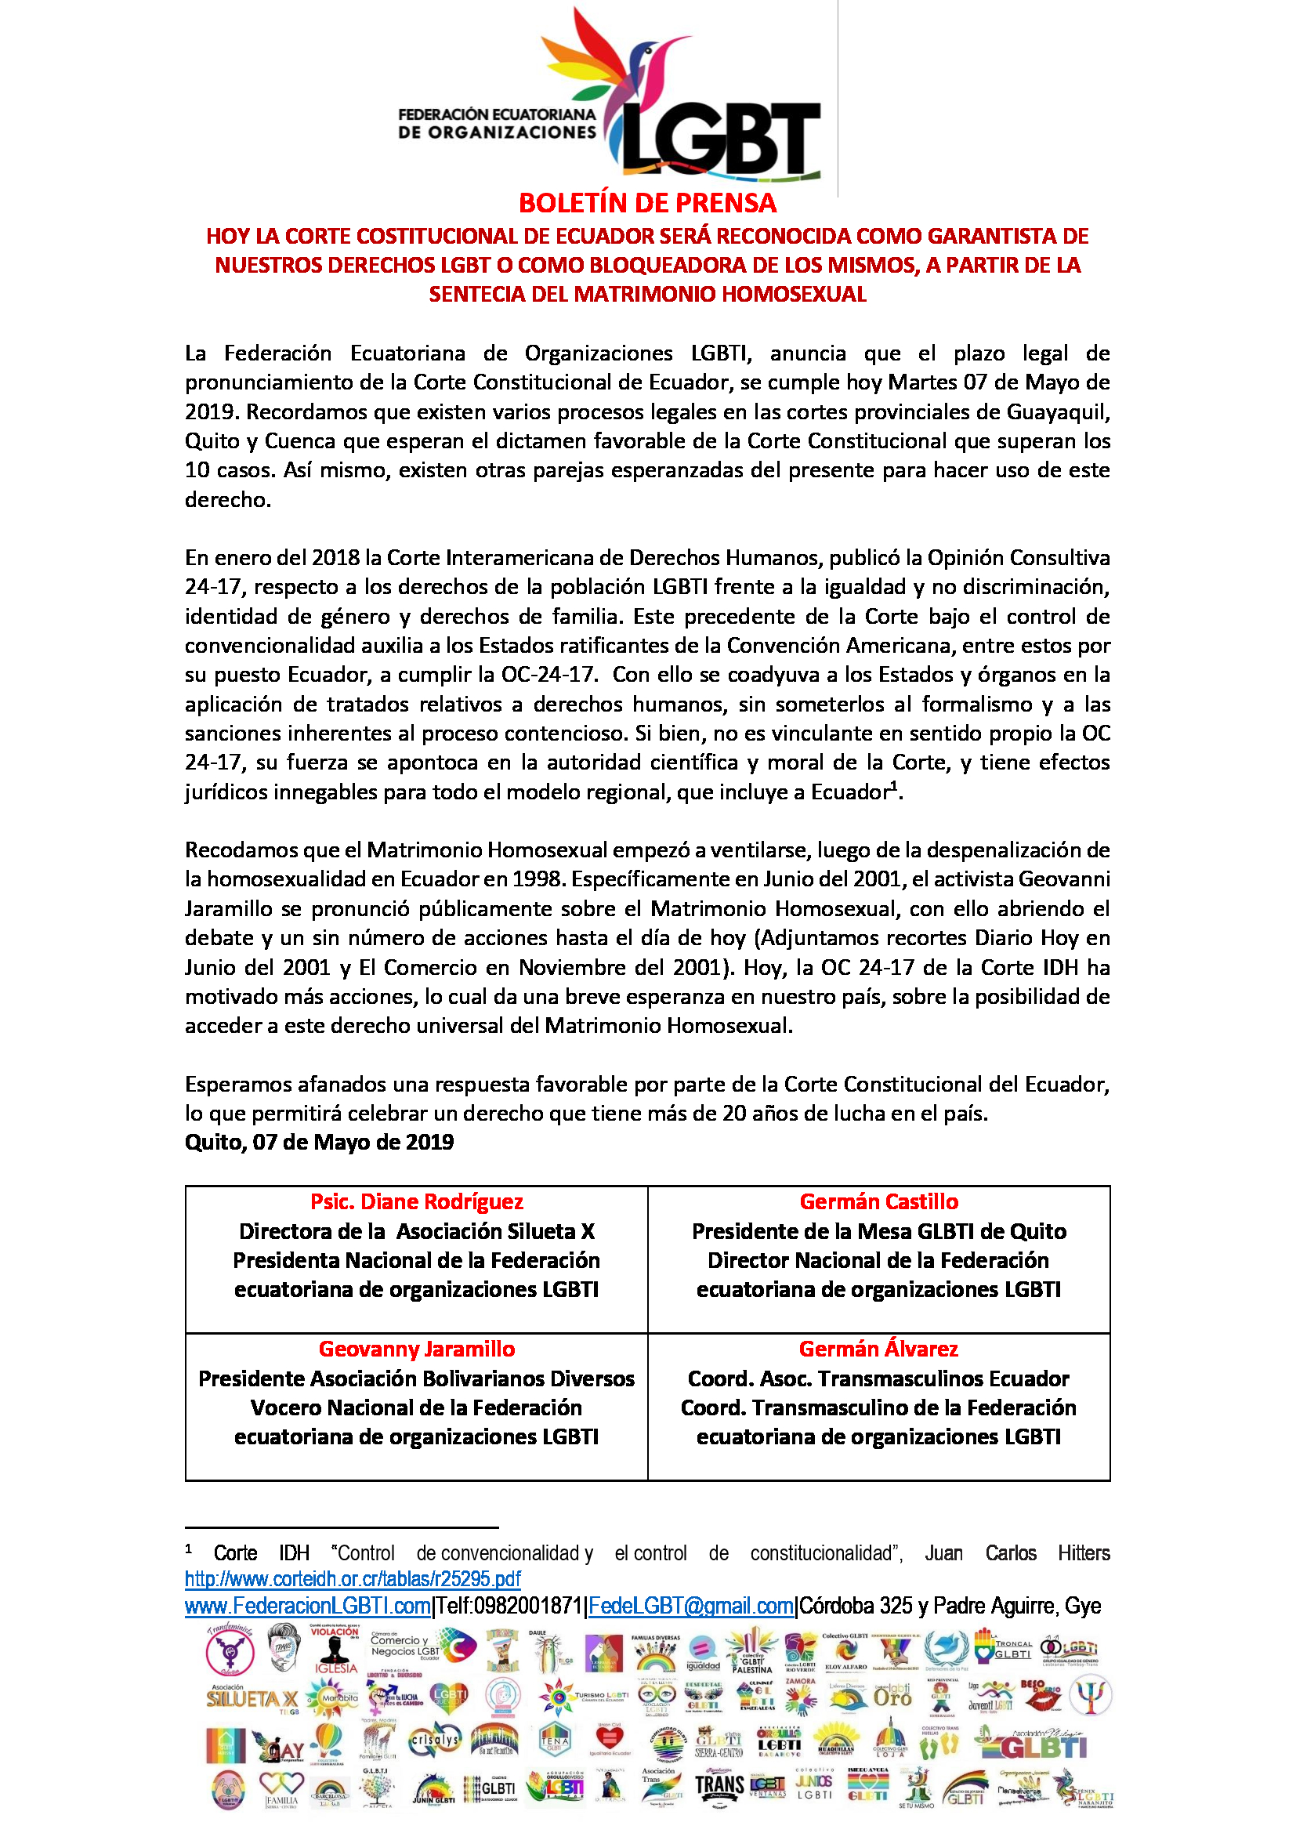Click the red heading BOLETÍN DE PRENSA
(647, 204)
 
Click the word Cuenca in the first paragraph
(300, 441)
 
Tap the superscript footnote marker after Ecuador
(895, 787)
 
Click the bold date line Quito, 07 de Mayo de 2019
(319, 1143)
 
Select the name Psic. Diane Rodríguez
(417, 1202)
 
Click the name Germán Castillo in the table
(878, 1202)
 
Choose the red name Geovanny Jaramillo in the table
(417, 1349)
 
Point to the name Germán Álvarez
(878, 1349)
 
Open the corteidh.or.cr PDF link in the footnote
(353, 1579)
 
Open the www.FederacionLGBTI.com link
(307, 1607)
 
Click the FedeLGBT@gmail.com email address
(691, 1607)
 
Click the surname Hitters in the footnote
(1084, 1553)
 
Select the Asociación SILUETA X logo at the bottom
(252, 1698)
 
